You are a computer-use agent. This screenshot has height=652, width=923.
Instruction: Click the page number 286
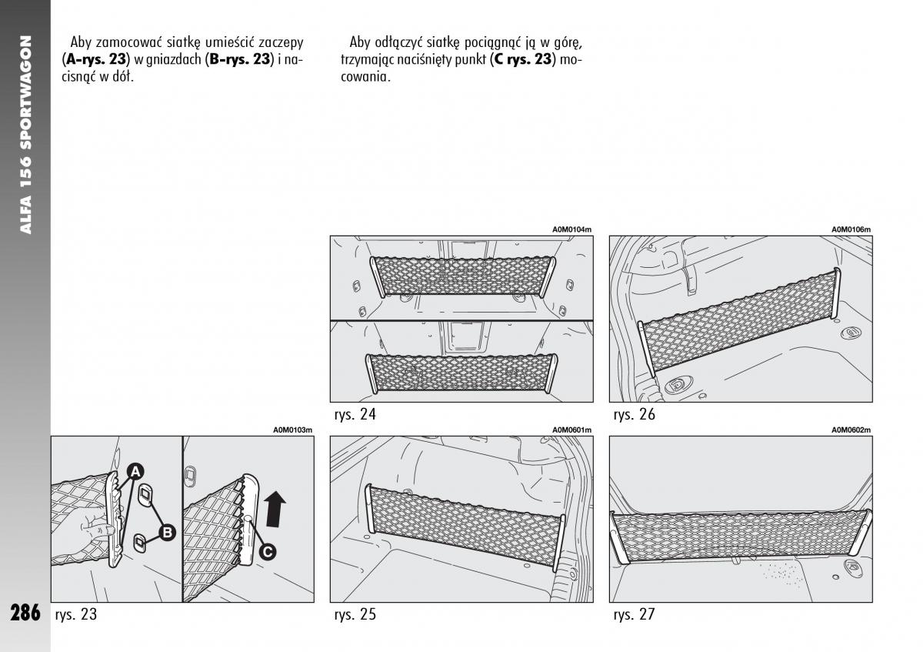[x=25, y=614]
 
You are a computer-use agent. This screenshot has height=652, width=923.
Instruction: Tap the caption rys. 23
[x=76, y=614]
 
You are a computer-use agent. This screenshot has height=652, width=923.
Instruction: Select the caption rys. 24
[x=355, y=414]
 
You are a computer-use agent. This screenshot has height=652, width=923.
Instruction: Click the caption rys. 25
[x=355, y=614]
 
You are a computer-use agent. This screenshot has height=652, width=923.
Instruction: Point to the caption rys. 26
[x=635, y=414]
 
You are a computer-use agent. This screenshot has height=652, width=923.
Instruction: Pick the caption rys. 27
[x=635, y=614]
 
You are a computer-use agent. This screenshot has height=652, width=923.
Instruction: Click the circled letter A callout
[x=135, y=471]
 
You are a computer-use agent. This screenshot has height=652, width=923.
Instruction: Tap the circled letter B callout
[x=167, y=532]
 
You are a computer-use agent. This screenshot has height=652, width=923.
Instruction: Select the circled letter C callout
[x=268, y=551]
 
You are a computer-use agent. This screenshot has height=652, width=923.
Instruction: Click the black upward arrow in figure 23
[x=275, y=509]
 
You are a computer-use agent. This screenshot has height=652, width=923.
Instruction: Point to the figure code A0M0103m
[x=293, y=430]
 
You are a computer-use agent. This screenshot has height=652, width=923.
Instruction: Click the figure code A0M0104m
[x=571, y=229]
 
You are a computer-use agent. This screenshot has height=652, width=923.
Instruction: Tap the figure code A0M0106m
[x=851, y=229]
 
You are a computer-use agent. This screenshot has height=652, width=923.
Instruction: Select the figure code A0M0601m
[x=571, y=430]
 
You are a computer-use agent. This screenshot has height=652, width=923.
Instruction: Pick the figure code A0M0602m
[x=851, y=430]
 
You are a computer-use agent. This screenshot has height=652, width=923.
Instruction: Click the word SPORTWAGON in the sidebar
[x=25, y=92]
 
